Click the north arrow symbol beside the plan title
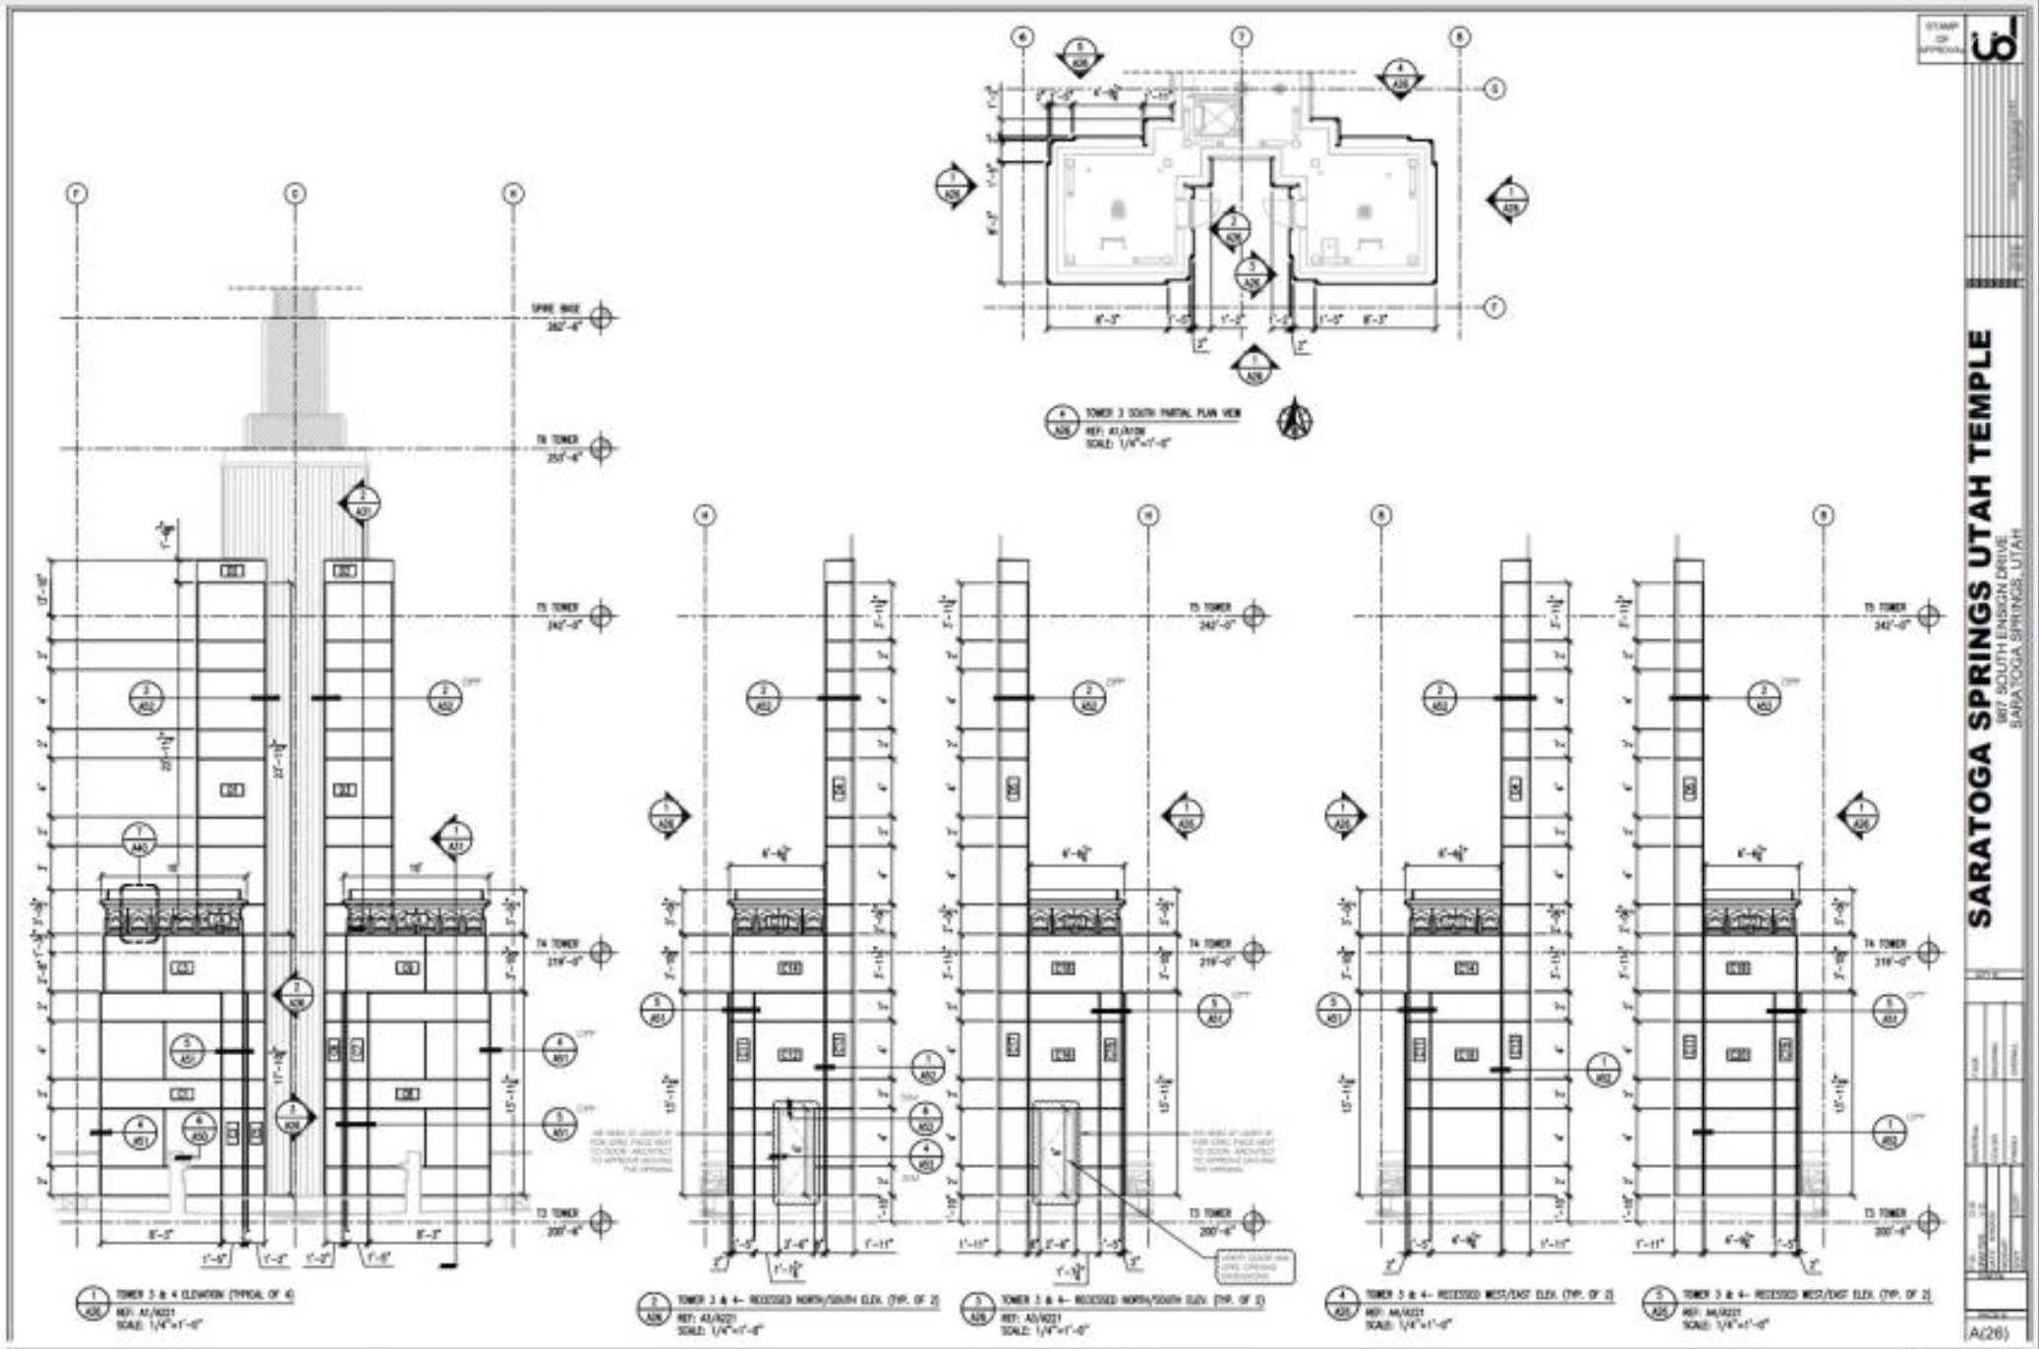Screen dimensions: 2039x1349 (1295, 420)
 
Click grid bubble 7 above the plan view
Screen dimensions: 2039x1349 (1243, 37)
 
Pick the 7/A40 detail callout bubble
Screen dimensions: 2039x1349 (140, 841)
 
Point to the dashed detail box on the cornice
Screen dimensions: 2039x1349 (140, 913)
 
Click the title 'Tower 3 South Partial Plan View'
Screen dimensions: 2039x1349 (1162, 414)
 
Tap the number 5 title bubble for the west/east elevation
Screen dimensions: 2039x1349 (1660, 1305)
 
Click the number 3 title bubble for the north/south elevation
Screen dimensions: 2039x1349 (977, 1305)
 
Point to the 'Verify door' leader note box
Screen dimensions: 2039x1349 (1256, 1266)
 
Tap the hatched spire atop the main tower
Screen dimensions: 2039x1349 (295, 354)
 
